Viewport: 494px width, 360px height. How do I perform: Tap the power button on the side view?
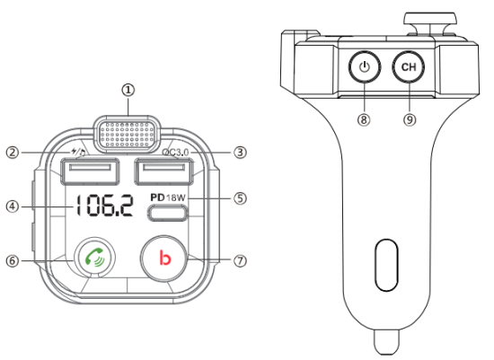[364, 66]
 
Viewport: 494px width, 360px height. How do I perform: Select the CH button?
[409, 66]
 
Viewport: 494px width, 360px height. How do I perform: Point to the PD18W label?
[166, 197]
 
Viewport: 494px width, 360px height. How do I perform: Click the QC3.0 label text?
[176, 152]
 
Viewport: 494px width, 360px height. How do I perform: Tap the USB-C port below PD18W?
[169, 214]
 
